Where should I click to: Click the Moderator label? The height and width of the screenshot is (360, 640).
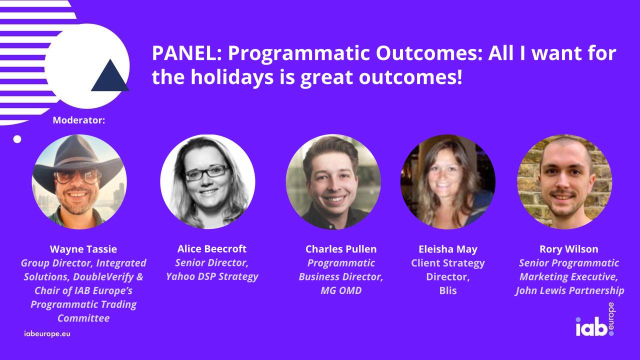78,120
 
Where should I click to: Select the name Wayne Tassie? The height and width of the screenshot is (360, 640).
84,249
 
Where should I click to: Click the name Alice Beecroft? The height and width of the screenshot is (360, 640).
212,249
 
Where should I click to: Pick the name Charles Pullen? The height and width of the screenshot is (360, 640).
341,249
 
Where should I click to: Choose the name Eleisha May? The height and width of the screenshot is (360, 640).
447,249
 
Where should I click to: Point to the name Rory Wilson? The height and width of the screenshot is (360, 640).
569,249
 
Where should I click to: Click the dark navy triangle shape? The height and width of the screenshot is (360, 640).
110,76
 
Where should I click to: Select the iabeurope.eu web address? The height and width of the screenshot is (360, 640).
47,333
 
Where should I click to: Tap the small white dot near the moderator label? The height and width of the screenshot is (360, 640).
17,139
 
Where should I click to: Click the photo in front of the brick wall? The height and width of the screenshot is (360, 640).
564,182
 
